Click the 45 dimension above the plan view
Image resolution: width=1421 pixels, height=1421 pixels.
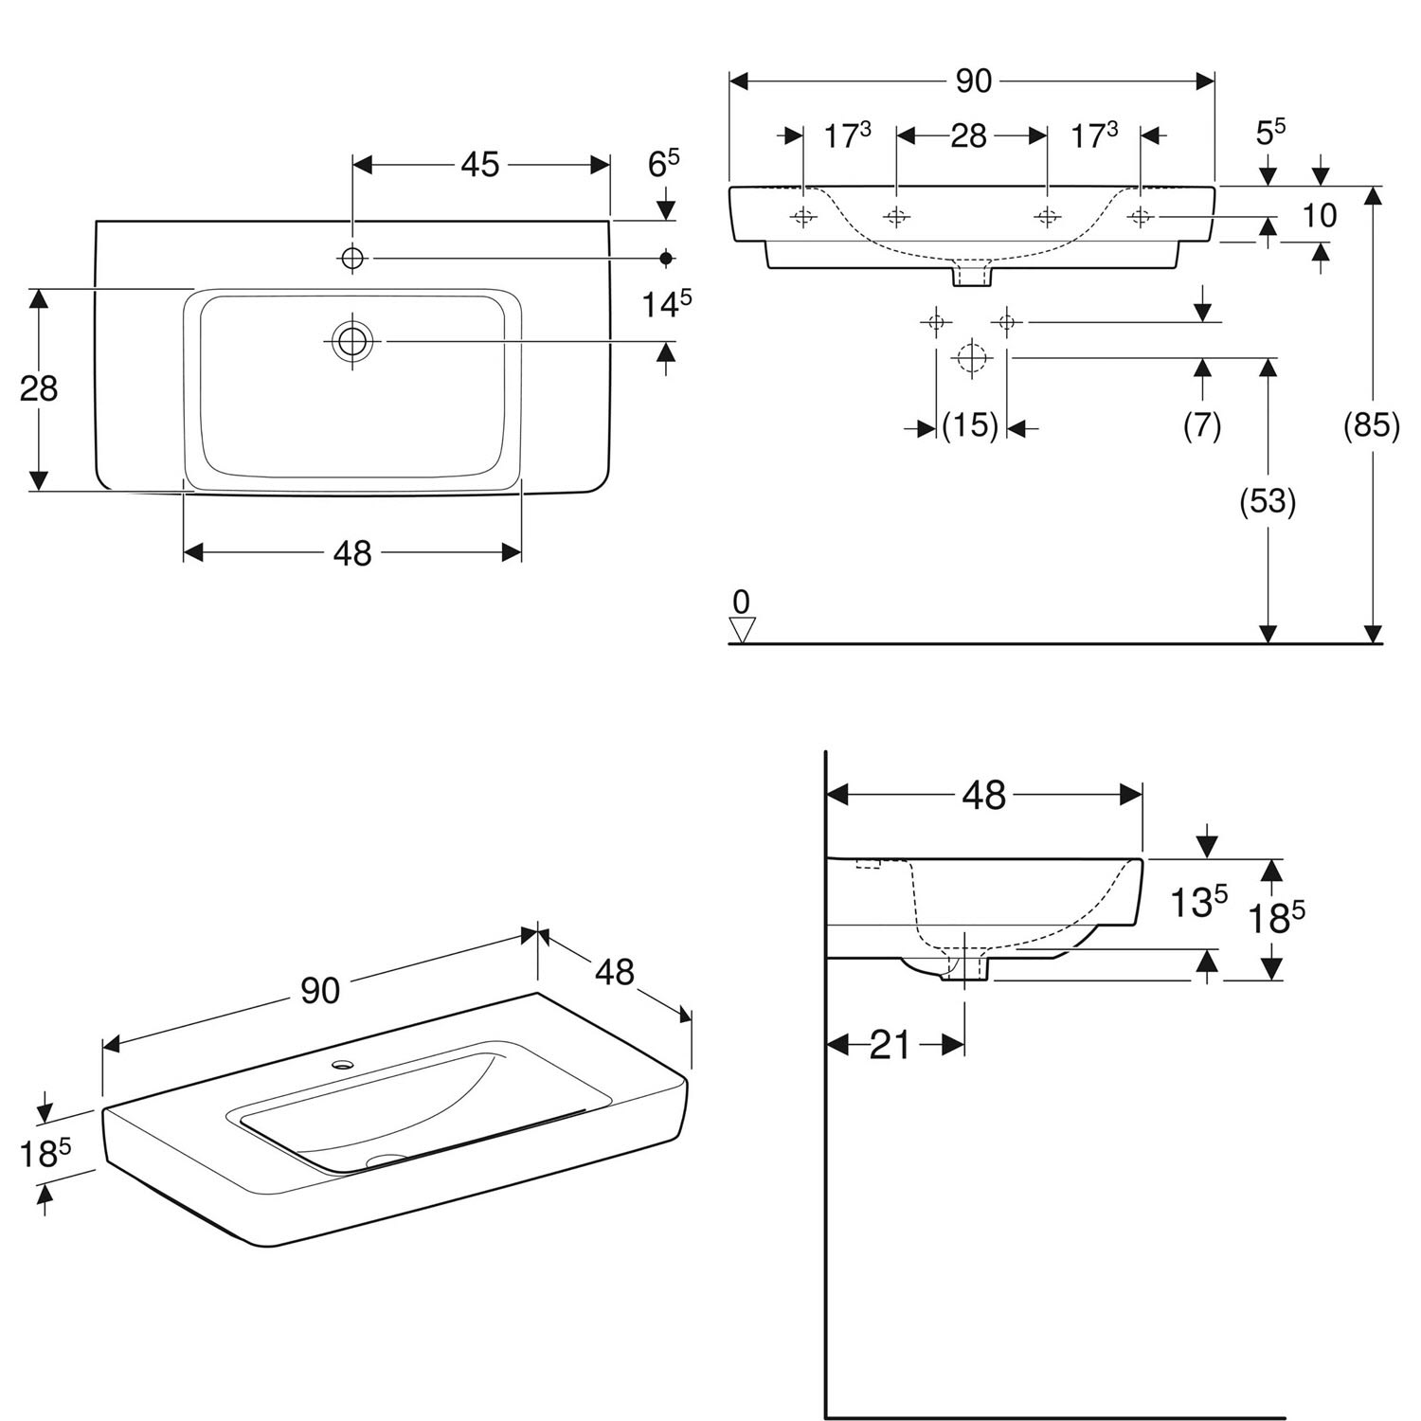(479, 165)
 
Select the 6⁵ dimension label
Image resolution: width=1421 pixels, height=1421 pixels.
(663, 164)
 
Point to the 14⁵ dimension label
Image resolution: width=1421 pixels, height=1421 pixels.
(667, 304)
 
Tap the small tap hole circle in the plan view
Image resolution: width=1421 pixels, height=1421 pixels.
(352, 257)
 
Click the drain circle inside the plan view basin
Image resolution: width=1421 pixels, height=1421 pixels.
(352, 340)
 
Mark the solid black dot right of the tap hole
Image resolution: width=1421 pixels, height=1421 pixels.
(666, 258)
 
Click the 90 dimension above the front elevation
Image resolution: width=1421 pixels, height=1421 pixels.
(973, 81)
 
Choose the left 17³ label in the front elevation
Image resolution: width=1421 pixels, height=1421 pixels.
(847, 135)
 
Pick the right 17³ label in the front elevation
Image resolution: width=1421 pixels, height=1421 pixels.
(1094, 135)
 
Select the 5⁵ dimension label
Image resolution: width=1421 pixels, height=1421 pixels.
(1270, 133)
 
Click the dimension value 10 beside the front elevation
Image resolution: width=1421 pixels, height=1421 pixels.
(1319, 216)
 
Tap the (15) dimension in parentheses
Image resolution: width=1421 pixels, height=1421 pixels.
(970, 426)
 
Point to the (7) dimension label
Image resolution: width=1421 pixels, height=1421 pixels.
(1202, 426)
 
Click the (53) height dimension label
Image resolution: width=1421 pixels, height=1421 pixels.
(1268, 501)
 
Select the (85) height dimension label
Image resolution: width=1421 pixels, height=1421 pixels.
(1371, 425)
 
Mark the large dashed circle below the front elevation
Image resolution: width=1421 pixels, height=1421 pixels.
(971, 358)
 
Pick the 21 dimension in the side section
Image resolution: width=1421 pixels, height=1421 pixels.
(890, 1045)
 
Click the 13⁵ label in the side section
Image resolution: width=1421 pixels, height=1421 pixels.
(1196, 903)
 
